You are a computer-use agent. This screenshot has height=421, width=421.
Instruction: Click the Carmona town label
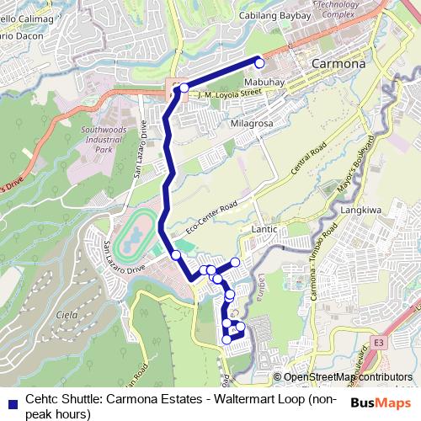tap(338, 63)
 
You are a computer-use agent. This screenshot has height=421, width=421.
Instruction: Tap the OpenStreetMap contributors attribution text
tap(346, 377)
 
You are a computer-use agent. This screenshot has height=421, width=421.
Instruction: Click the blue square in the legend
tap(10, 402)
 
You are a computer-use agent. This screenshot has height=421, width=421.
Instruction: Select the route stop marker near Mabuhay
tap(259, 63)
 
